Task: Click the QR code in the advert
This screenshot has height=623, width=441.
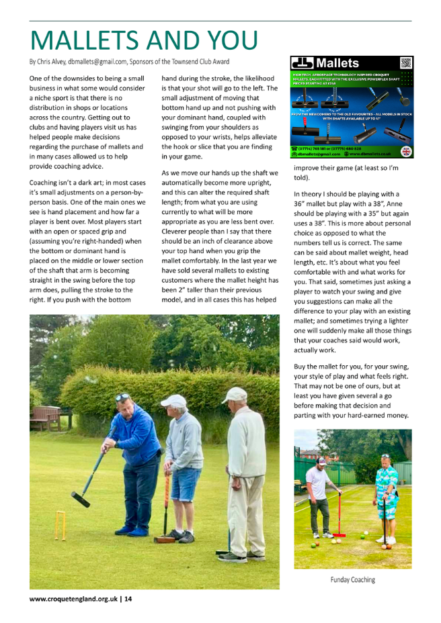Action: point(406,64)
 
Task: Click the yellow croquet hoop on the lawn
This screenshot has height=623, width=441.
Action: point(61,525)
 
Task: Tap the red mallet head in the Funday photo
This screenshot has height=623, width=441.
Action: point(339,535)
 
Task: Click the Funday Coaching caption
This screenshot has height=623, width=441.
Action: point(352,579)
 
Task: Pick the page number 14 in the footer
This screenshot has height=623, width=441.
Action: point(128,600)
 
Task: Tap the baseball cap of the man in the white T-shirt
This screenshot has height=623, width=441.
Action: point(321,462)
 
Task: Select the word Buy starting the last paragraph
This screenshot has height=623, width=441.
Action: point(300,367)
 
